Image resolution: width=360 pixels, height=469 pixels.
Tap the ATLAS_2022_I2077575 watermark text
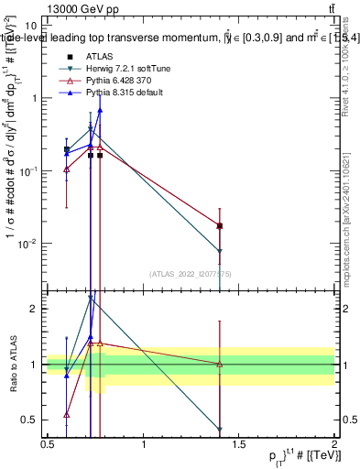pyautogui.click(x=191, y=273)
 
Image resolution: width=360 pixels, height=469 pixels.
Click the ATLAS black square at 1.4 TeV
pyautogui.click(x=220, y=225)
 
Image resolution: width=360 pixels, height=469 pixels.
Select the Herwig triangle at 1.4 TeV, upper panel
pyautogui.click(x=220, y=251)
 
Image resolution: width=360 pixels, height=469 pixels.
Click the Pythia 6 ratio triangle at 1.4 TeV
pyautogui.click(x=220, y=364)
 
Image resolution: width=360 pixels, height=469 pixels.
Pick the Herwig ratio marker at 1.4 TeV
pyautogui.click(x=220, y=429)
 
